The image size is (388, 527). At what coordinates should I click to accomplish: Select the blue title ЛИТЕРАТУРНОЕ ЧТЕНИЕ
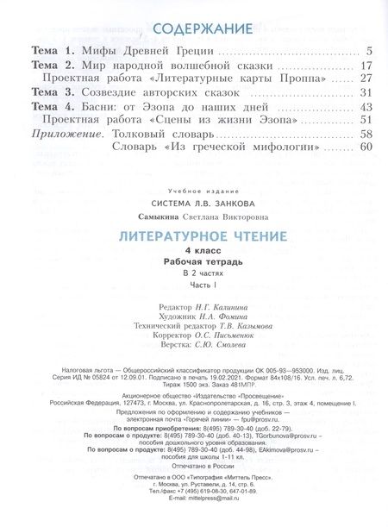click(194, 235)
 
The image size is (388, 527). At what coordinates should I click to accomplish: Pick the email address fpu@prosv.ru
click(268, 420)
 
